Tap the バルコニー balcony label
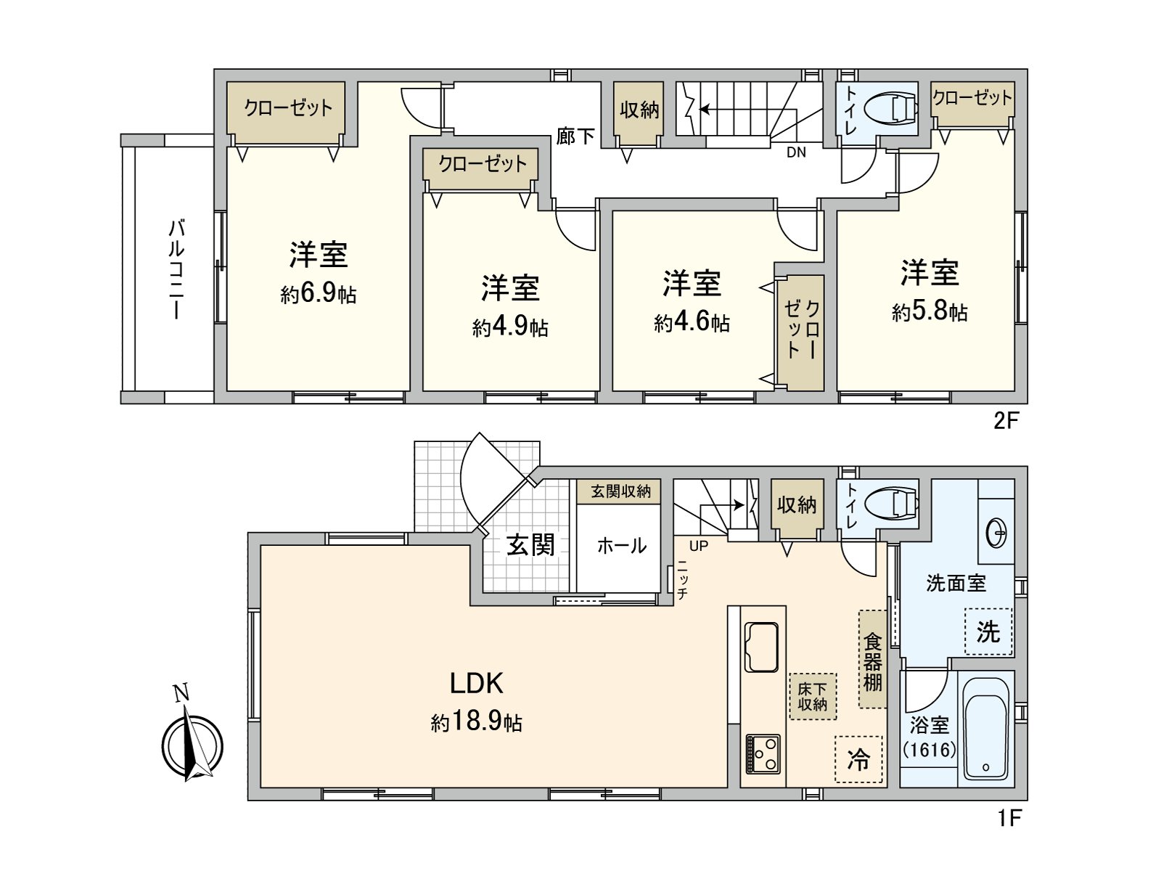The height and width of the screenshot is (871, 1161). coord(176,270)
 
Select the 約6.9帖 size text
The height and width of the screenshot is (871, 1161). coord(318,294)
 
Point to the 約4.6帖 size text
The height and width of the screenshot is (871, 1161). coord(692,322)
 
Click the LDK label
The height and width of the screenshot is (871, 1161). coord(476,684)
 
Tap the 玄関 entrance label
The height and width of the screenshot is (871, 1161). coord(530,545)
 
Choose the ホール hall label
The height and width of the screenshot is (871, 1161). coord(621,546)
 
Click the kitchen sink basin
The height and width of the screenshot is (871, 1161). coord(761,647)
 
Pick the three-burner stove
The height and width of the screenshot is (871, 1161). coord(763,754)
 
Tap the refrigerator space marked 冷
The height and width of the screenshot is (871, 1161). coord(858,759)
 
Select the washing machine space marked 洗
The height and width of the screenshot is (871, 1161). coord(988,631)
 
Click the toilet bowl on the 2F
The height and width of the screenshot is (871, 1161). coord(891,110)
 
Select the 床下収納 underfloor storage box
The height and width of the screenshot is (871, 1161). coord(813,697)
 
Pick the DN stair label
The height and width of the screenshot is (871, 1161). coord(796,152)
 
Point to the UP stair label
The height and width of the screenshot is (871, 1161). coord(699,546)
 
